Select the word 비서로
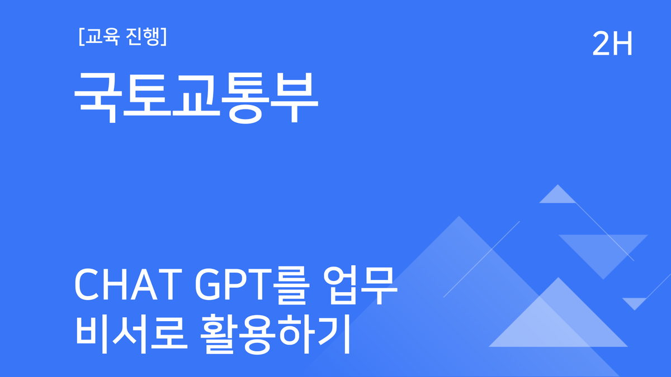(127, 335)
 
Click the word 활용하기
(274, 335)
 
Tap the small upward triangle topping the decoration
(557, 195)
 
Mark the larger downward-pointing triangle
(603, 246)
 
